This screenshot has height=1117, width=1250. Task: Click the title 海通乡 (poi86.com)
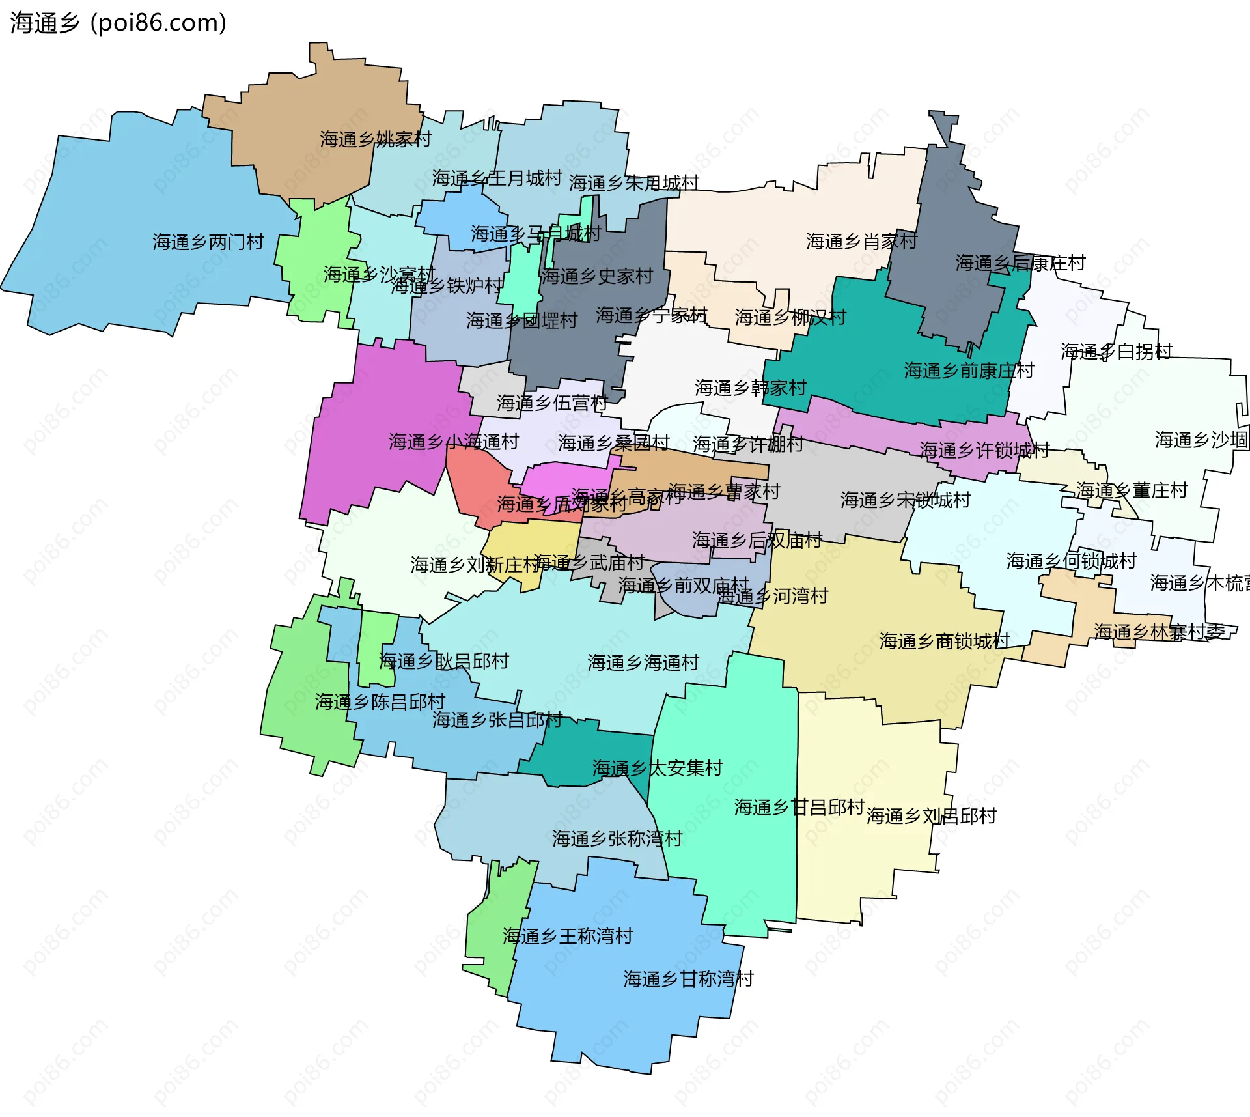pos(118,23)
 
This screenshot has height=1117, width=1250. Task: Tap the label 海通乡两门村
pos(208,242)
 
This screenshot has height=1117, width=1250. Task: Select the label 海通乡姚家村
pos(376,139)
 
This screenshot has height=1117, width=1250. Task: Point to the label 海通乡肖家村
pos(861,242)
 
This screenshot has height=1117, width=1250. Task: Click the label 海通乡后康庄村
pos(1020,263)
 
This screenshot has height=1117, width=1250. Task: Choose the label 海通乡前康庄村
pos(969,371)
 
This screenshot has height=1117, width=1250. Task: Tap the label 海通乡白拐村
pos(1117,352)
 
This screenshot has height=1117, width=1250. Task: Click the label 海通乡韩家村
pos(751,388)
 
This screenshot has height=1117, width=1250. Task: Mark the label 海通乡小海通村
pos(454,442)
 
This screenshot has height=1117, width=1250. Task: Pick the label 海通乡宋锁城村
pos(906,500)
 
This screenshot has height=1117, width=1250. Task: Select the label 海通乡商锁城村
pos(945,642)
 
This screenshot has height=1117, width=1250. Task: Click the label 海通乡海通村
pos(643,663)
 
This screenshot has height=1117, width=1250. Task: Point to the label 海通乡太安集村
pos(658,769)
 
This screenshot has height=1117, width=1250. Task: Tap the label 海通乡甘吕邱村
pos(799,808)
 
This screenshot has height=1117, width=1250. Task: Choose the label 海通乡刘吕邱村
pos(932,816)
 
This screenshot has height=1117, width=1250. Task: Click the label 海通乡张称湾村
pos(617,839)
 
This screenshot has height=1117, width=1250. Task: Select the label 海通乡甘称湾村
pos(688,979)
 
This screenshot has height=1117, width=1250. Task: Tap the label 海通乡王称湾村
pos(568,937)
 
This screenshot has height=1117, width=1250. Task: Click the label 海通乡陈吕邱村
pos(380,702)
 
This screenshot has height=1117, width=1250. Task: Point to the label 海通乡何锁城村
pos(1072,561)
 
